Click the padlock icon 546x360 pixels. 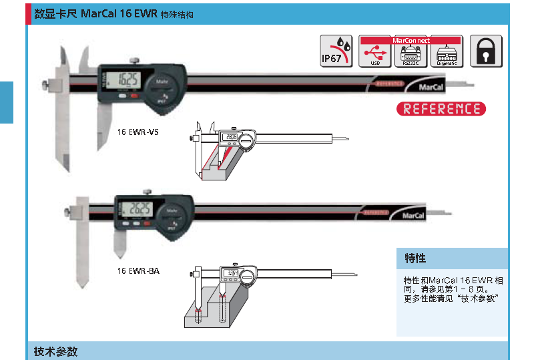tap(487, 51)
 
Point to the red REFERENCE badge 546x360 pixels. tap(441, 109)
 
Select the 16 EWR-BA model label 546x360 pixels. tap(138, 271)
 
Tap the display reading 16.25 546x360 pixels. tap(127, 81)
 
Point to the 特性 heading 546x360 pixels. tap(415, 258)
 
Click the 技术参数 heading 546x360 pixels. tap(56, 351)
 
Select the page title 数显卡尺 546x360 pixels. tap(55, 13)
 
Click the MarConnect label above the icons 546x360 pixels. tap(411, 40)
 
